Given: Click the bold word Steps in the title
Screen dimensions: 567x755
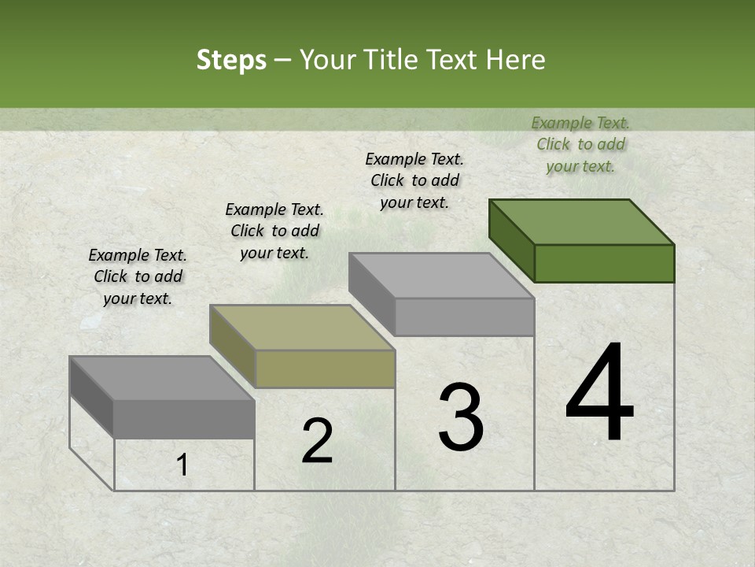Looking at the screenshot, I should (231, 60).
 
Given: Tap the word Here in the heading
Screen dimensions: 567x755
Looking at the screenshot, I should (517, 60).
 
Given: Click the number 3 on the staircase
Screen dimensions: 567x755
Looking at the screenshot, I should (460, 417).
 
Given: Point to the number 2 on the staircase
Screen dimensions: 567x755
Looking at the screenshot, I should (317, 441).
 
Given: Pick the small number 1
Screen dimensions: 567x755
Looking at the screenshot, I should (182, 465).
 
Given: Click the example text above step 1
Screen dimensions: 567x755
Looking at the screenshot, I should (138, 276).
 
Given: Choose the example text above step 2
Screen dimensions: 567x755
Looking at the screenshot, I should (274, 231).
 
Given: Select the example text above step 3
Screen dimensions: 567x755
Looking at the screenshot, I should (414, 180).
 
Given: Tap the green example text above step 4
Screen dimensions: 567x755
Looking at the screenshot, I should (580, 144).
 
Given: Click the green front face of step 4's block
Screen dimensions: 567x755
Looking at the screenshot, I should (604, 263).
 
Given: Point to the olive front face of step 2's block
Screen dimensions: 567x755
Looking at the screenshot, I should (325, 369).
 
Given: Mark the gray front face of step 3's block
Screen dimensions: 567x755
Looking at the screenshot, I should (464, 317).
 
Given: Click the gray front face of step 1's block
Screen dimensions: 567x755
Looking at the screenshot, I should (184, 419).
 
